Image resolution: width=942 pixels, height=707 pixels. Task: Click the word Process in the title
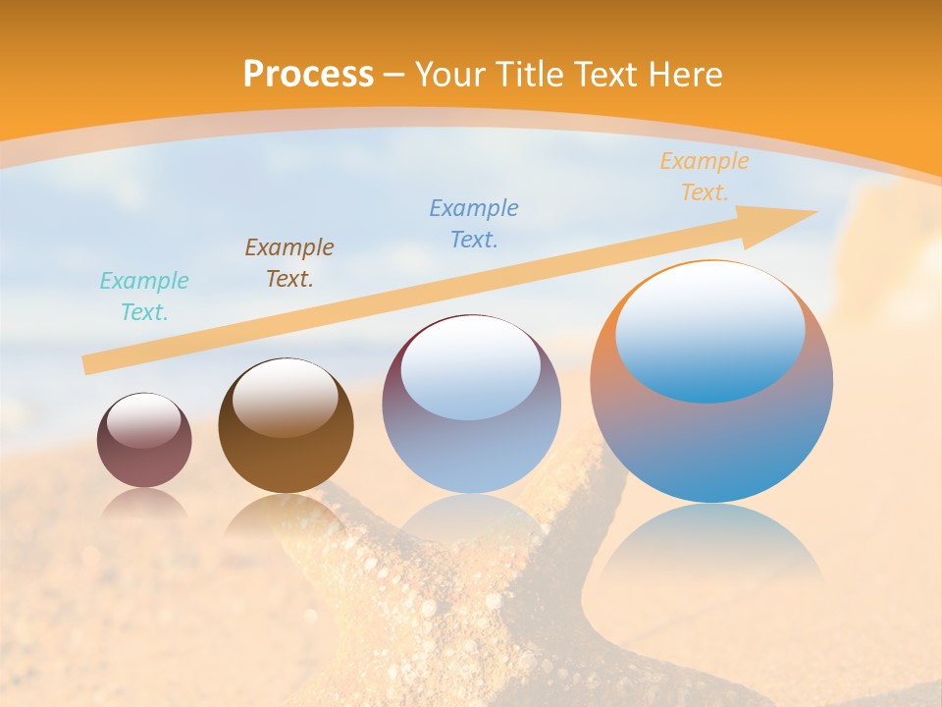[x=308, y=75]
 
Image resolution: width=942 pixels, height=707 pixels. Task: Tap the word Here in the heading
[x=687, y=75]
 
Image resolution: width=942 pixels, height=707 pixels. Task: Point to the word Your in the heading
[x=450, y=75]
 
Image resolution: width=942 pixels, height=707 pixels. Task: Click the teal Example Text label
[x=144, y=297]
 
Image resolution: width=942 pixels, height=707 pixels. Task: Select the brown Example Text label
[x=289, y=263]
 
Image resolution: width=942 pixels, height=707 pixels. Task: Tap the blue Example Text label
[x=474, y=224]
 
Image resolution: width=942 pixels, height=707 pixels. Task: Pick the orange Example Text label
[x=704, y=177]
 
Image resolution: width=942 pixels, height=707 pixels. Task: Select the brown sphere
[x=286, y=462]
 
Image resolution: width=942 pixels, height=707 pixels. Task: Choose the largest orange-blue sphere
[x=711, y=442]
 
